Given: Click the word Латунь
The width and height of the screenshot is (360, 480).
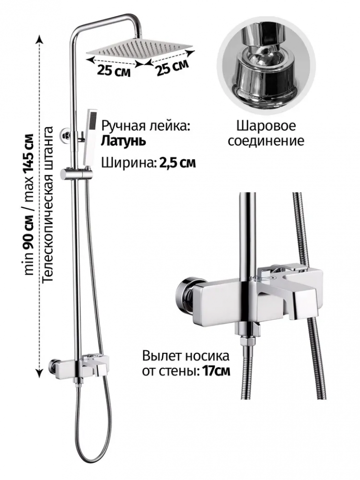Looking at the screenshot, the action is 123,141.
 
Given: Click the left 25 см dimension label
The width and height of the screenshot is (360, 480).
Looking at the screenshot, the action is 113,70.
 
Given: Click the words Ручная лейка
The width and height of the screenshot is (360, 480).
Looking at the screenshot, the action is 145,126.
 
